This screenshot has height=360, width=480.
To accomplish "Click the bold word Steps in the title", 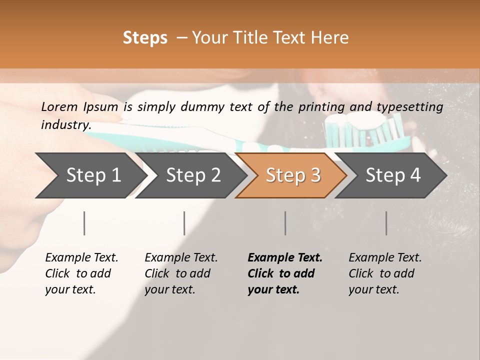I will coord(145,38).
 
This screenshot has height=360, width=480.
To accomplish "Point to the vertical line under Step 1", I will coord(84,223).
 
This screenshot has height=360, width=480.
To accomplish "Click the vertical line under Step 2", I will coord(184,223).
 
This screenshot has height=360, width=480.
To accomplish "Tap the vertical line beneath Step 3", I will coord(285,223).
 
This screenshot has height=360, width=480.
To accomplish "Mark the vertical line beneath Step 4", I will coord(386,223).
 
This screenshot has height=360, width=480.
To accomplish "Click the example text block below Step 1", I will coord(81,273).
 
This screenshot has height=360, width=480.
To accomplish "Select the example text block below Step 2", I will coord(181,273).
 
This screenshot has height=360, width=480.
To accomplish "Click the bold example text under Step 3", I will coord(285,273).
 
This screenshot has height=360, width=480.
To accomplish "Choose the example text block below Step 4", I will coord(385,273).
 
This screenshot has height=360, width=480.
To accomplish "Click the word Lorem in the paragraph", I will coord(59,106).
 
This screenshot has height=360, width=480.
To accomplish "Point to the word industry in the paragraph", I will coord(65,125).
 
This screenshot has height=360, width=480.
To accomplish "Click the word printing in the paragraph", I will coord(322,106).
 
